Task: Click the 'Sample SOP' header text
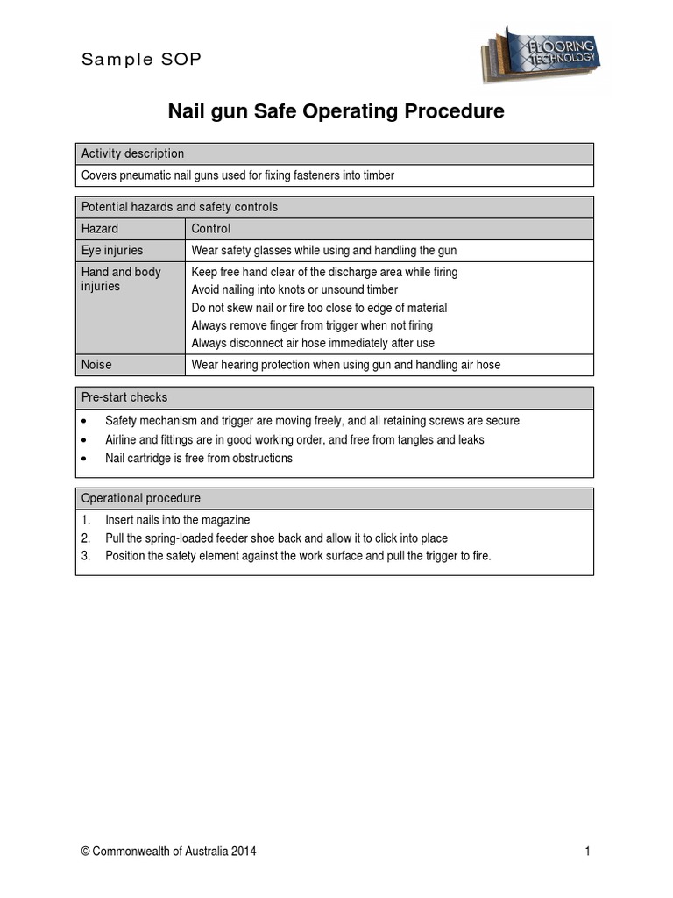pyautogui.click(x=141, y=60)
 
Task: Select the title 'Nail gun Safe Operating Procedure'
pyautogui.click(x=336, y=111)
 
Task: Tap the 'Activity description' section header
pyautogui.click(x=132, y=153)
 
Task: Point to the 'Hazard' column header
pyautogui.click(x=99, y=229)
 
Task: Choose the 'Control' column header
pyautogui.click(x=210, y=229)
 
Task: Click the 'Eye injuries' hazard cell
pyautogui.click(x=111, y=251)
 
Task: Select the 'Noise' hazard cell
pyautogui.click(x=96, y=365)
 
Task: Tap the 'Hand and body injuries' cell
pyautogui.click(x=121, y=279)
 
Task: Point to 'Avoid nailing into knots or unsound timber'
pyautogui.click(x=294, y=289)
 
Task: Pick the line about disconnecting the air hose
pyautogui.click(x=312, y=343)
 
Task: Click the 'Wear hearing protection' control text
pyautogui.click(x=345, y=365)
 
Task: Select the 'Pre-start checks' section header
pyautogui.click(x=124, y=397)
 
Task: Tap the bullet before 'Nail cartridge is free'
pyautogui.click(x=84, y=459)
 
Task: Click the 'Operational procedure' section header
pyautogui.click(x=140, y=498)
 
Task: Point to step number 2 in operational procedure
pyautogui.click(x=86, y=538)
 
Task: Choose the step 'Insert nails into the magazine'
pyautogui.click(x=177, y=520)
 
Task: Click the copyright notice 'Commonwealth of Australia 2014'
pyautogui.click(x=168, y=852)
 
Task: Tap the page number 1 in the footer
pyautogui.click(x=587, y=852)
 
